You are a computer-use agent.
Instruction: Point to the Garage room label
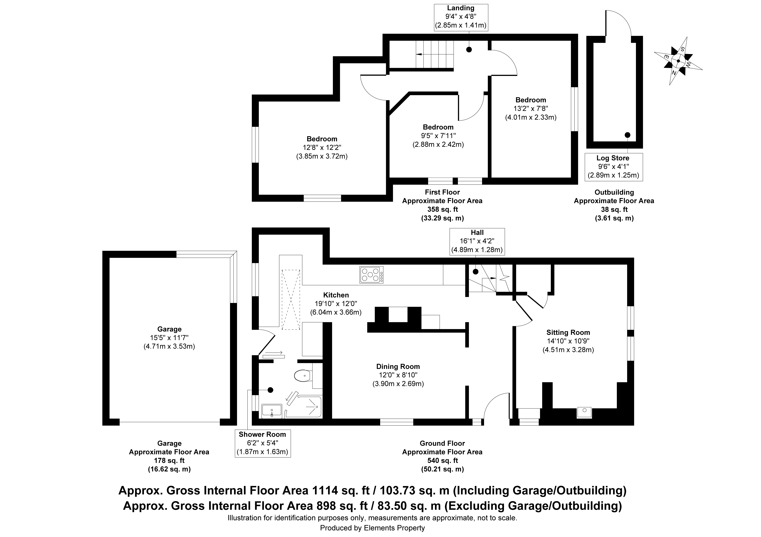tap(169, 329)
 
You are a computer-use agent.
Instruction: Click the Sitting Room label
tap(568, 332)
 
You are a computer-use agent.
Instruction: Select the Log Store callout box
tap(613, 167)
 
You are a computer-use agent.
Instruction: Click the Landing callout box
tap(461, 17)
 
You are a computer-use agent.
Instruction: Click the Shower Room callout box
tap(263, 443)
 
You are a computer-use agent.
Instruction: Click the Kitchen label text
tap(336, 295)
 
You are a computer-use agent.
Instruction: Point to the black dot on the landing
tap(469, 50)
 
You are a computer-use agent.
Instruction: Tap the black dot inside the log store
tap(627, 135)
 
